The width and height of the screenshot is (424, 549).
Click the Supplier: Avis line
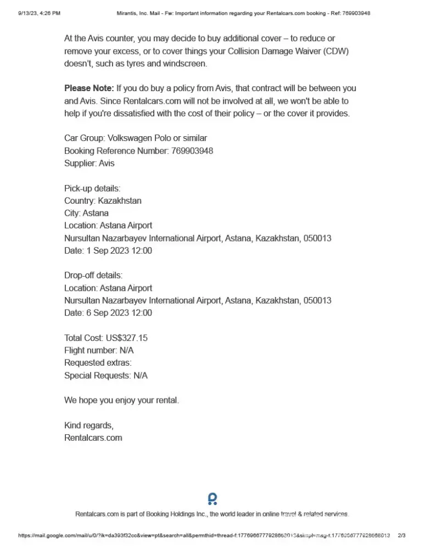[90, 163]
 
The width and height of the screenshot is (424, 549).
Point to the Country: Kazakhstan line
[103, 201]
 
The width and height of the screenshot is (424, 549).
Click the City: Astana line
[86, 213]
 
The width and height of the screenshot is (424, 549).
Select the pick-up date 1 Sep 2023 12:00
[119, 251]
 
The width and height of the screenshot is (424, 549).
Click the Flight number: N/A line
[99, 350]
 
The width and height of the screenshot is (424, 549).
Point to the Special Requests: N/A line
[106, 376]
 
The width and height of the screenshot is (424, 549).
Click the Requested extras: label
[98, 363]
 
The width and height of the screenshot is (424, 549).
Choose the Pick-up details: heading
[88, 188]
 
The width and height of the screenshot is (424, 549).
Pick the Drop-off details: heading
[93, 276]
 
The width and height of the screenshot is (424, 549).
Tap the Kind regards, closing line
[89, 425]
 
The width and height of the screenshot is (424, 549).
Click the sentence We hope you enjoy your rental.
[121, 400]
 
